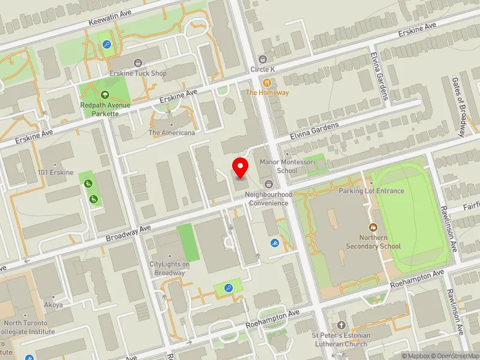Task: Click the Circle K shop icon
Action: click(262, 59)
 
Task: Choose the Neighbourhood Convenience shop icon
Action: click(268, 184)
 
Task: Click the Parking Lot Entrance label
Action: click(371, 191)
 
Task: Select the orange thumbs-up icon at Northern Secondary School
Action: click(373, 227)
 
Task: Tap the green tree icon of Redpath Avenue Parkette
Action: click(105, 94)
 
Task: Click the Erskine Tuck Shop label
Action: click(139, 73)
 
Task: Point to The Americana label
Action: click(172, 133)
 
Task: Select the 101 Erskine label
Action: click(55, 173)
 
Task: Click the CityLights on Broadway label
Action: click(169, 268)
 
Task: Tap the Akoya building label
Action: click(53, 304)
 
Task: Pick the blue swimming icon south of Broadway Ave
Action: click(274, 243)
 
